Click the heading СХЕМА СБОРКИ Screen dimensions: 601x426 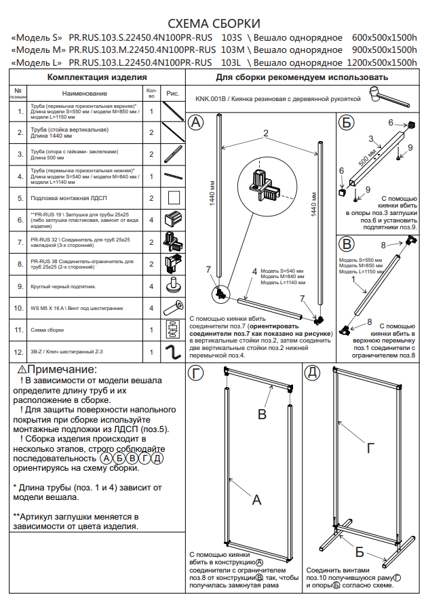[x=213, y=24]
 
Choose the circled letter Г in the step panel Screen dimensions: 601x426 [x=196, y=372]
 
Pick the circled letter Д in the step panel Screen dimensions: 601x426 [x=313, y=372]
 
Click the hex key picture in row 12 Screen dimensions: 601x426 [x=172, y=352]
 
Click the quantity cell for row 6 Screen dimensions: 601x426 [x=151, y=219]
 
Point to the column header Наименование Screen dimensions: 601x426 [x=84, y=93]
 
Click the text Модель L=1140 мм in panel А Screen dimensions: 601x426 [x=282, y=283]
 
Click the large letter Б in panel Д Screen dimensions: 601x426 [x=360, y=550]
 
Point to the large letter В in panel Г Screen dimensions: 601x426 [x=262, y=414]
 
